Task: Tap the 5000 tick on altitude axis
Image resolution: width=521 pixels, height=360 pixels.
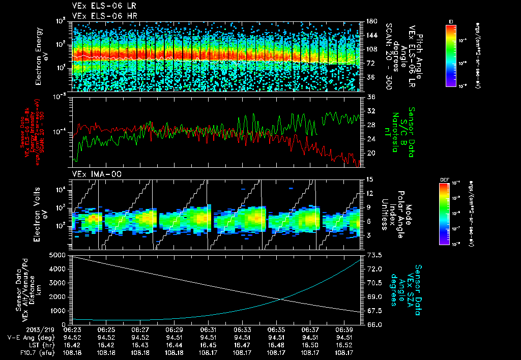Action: [57, 255]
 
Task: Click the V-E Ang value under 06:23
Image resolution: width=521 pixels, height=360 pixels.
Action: [72, 337]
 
